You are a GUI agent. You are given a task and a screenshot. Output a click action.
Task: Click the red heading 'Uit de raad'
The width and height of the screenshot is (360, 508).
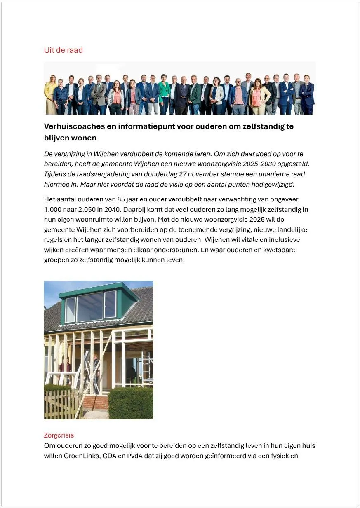[x=64, y=50]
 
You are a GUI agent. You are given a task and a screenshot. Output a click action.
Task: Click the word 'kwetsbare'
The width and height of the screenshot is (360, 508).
[x=280, y=250]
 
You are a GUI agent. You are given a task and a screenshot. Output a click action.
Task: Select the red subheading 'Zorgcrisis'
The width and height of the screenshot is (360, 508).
[x=59, y=435]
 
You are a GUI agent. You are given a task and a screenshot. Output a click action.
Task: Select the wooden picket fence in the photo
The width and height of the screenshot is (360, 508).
[x=62, y=404]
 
